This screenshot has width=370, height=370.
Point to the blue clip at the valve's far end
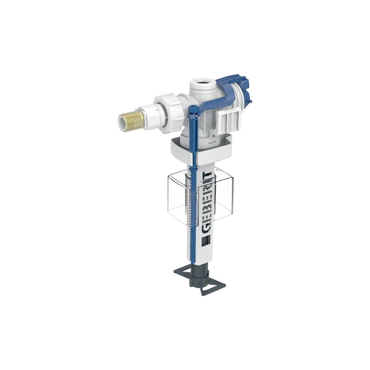(243, 90)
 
